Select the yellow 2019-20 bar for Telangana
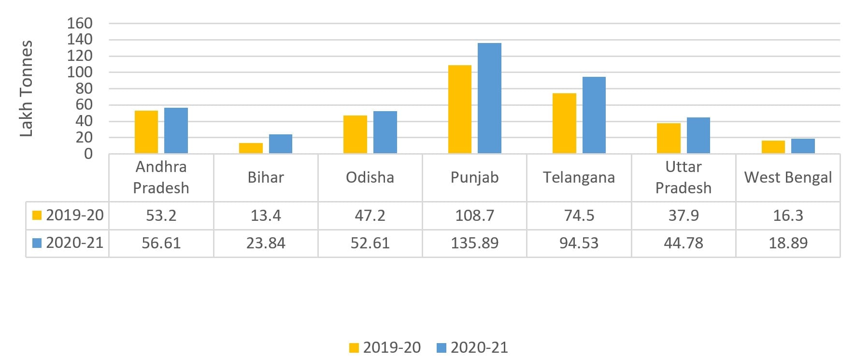click(564, 123)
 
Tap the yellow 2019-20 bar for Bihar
click(251, 148)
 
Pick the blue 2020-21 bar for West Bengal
click(803, 146)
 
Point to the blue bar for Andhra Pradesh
click(176, 130)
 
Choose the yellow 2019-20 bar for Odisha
click(355, 134)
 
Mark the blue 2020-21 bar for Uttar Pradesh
click(698, 135)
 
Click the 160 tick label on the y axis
click(80, 23)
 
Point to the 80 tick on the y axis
click(84, 88)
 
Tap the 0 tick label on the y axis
click(88, 154)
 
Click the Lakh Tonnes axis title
click(26, 88)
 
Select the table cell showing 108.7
click(474, 216)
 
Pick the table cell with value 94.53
click(579, 243)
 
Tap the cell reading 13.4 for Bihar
click(266, 216)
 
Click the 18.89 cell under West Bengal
click(788, 243)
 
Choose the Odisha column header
click(370, 177)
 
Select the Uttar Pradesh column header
click(683, 177)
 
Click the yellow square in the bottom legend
click(354, 348)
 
